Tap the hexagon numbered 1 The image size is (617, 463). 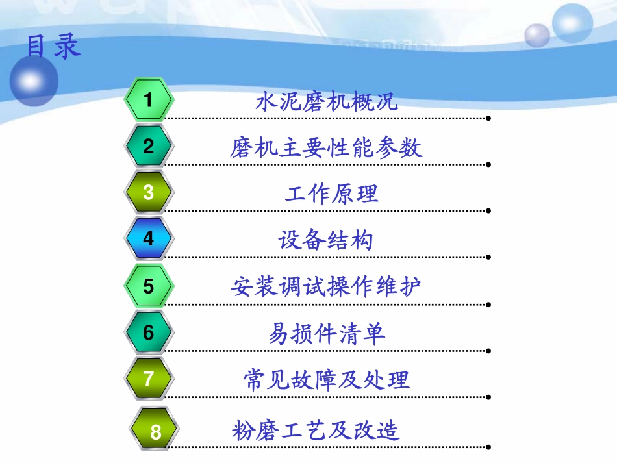(x=149, y=100)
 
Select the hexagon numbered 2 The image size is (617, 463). (x=149, y=146)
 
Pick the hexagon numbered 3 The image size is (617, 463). (x=149, y=192)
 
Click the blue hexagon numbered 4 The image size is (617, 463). (x=149, y=238)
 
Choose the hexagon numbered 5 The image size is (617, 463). (x=149, y=286)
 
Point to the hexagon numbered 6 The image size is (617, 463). (x=149, y=332)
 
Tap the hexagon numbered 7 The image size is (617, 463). (x=149, y=379)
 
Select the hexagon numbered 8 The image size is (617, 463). (x=155, y=431)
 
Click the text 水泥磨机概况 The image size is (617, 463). (x=326, y=102)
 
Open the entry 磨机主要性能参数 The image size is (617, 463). (x=326, y=148)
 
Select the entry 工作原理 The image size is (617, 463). (x=331, y=194)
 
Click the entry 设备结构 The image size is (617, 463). (x=326, y=240)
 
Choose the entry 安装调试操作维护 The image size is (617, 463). (x=326, y=286)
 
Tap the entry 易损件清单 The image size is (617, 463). (x=327, y=334)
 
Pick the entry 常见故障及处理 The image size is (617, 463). (x=327, y=379)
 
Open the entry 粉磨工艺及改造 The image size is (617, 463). (x=316, y=430)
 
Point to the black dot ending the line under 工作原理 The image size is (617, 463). (x=488, y=211)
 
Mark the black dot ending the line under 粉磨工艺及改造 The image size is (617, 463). (x=488, y=447)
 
